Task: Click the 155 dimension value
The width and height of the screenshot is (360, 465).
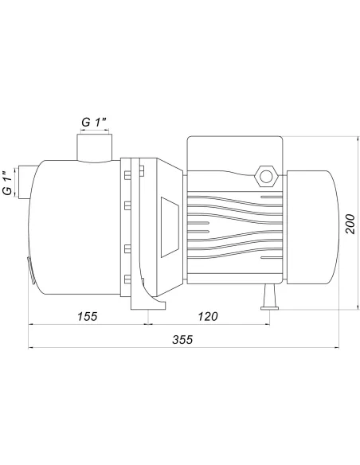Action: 87,316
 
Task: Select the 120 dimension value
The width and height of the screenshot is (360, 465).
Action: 208,316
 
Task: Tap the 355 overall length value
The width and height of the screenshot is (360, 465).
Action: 182,339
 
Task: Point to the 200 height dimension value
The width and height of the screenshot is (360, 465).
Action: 350,224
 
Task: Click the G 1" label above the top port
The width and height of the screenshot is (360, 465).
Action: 94,122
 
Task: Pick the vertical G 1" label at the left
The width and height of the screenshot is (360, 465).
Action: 8,182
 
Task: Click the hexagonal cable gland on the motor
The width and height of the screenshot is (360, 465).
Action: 266,177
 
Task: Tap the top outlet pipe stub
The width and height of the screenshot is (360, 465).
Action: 95,147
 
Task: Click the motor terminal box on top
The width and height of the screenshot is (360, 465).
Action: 235,154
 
